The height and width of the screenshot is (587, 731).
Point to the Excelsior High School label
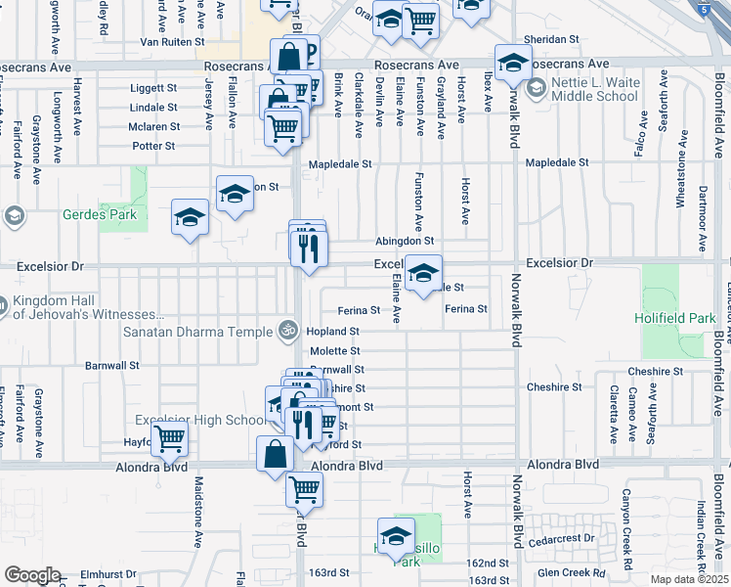[x=198, y=421]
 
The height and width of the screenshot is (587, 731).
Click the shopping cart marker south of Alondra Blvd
[x=304, y=488]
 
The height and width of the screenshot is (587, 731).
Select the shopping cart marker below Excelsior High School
[x=170, y=441]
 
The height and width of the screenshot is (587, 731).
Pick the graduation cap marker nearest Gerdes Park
[x=190, y=218]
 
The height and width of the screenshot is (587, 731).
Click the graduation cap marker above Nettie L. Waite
[x=512, y=64]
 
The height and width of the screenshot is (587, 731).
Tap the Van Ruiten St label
[x=172, y=43]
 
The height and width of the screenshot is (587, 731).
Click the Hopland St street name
[x=333, y=332]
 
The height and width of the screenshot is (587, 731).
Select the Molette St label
[x=335, y=350]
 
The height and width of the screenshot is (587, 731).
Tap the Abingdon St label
[x=405, y=242]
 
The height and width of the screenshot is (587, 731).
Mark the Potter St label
[x=153, y=146]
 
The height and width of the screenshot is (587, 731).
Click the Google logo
[x=32, y=575]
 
